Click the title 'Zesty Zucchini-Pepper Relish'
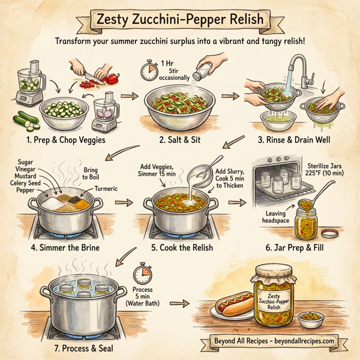tap(180, 19)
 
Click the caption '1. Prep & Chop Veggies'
tap(66, 140)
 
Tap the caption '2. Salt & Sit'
tap(179, 140)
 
